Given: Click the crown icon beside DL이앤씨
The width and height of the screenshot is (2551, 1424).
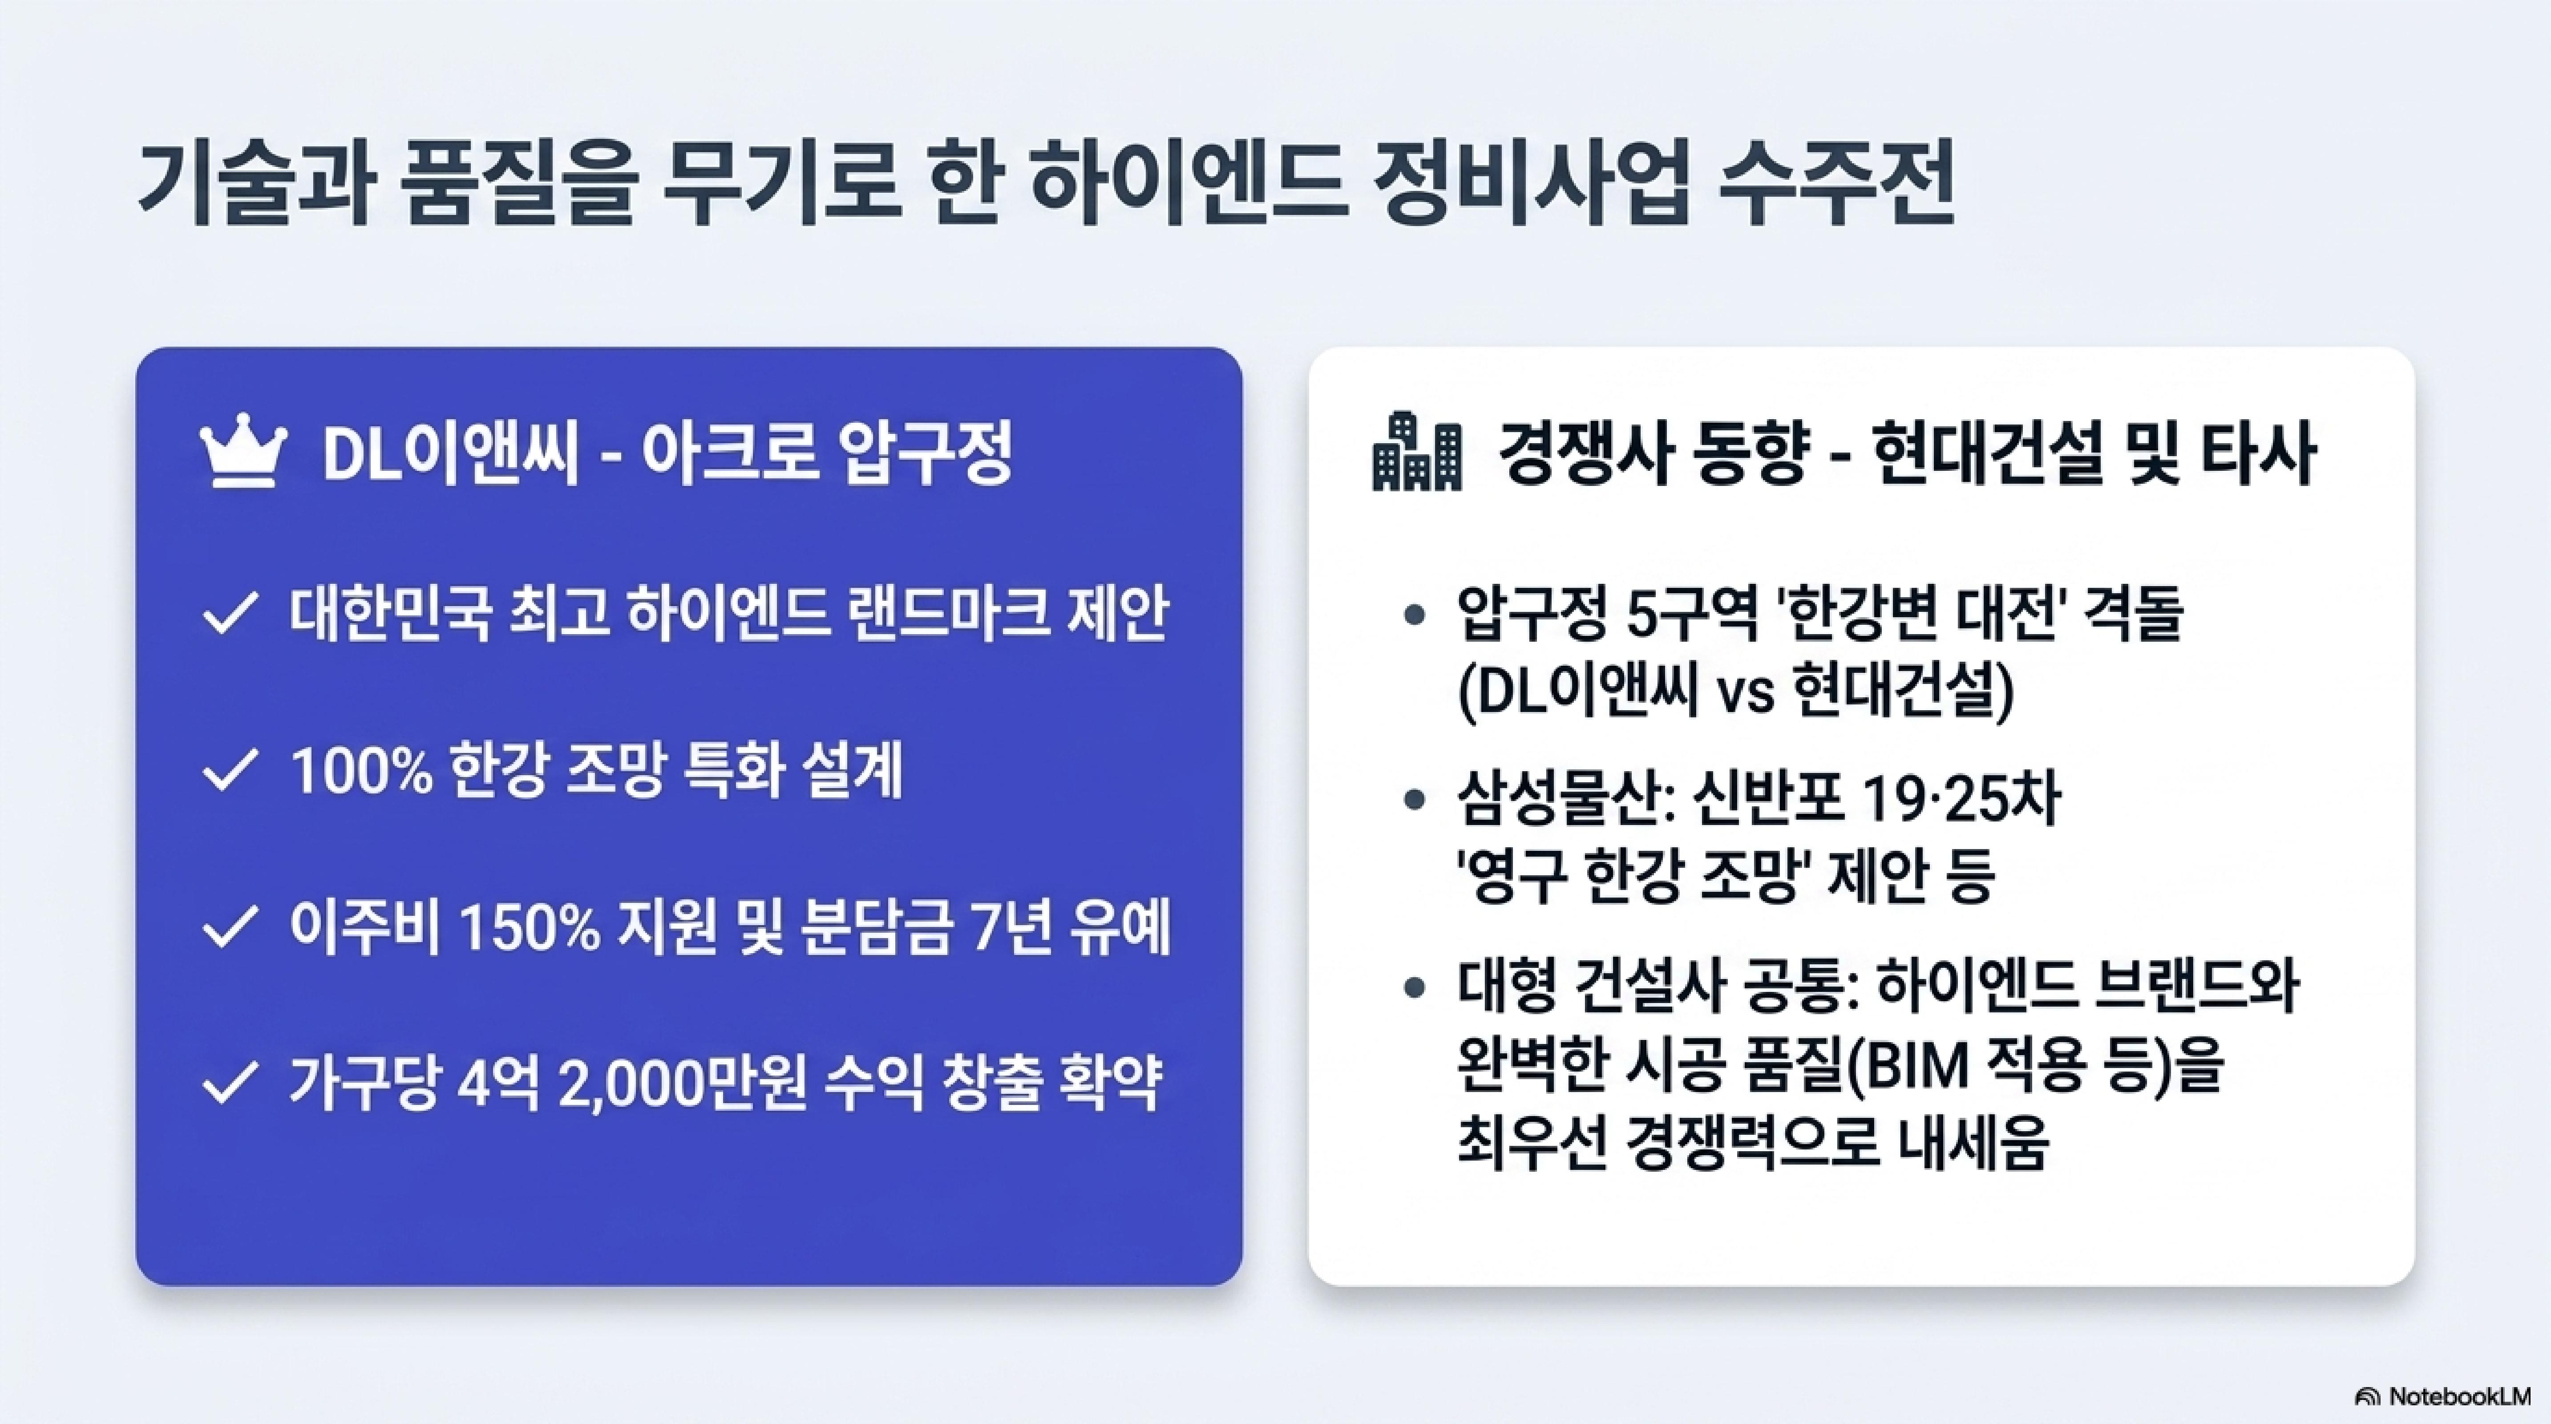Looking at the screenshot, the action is [x=243, y=456].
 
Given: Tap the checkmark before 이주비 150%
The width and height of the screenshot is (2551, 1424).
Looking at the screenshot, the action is [x=231, y=929].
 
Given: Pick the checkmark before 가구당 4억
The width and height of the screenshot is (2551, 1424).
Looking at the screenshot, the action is [x=231, y=1085].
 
